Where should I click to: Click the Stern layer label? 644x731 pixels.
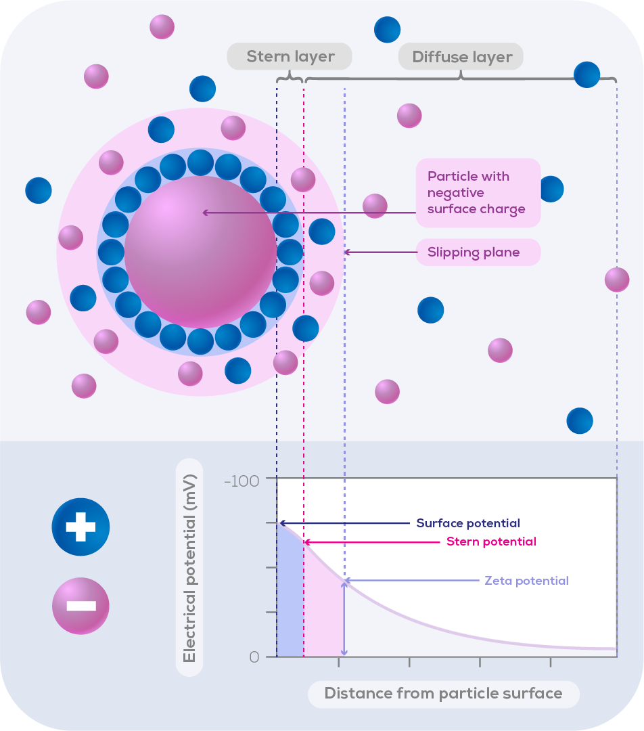[290, 57]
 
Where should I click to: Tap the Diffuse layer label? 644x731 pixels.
[462, 57]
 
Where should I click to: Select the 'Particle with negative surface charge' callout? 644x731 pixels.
[478, 193]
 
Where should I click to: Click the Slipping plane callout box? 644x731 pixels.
[478, 252]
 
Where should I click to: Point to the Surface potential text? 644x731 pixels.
[468, 523]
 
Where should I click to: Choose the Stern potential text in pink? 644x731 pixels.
[491, 541]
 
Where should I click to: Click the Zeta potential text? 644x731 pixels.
[526, 581]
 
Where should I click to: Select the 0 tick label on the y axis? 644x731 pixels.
[254, 657]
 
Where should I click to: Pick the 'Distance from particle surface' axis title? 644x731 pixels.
[444, 694]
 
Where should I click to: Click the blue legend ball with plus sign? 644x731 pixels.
[80, 527]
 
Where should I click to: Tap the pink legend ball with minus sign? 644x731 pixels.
[80, 605]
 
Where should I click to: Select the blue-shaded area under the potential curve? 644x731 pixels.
[290, 602]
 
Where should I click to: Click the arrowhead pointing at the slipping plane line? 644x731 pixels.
[348, 252]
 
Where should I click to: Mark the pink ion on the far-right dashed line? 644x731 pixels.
[617, 279]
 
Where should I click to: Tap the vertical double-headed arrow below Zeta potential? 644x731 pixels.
[344, 617]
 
